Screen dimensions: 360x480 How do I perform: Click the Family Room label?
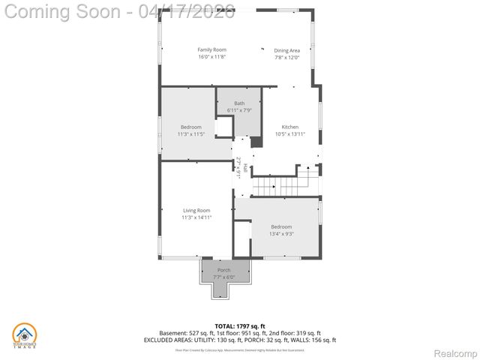tap(211, 49)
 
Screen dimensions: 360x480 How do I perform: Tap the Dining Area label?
tap(286, 49)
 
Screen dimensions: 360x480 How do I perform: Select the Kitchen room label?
tap(289, 127)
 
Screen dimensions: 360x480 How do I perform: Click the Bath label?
tap(239, 103)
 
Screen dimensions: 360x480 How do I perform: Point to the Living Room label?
tap(196, 210)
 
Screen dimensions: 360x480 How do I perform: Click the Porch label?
tap(224, 270)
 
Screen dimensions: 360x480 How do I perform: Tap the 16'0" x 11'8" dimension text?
tap(211, 57)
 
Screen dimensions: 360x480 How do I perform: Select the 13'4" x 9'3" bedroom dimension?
tap(281, 233)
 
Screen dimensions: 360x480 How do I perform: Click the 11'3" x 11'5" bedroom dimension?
tap(190, 134)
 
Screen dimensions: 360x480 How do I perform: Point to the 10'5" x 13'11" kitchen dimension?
tap(289, 134)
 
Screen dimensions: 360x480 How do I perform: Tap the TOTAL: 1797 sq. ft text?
tap(240, 325)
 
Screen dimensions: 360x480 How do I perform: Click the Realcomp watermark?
tap(456, 352)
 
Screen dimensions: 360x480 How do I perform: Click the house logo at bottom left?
tap(25, 335)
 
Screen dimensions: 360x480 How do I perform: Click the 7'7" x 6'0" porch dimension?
tap(224, 277)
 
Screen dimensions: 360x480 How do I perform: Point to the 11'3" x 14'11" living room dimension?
tap(196, 217)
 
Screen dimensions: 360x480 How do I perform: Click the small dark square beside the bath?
tap(256, 142)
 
